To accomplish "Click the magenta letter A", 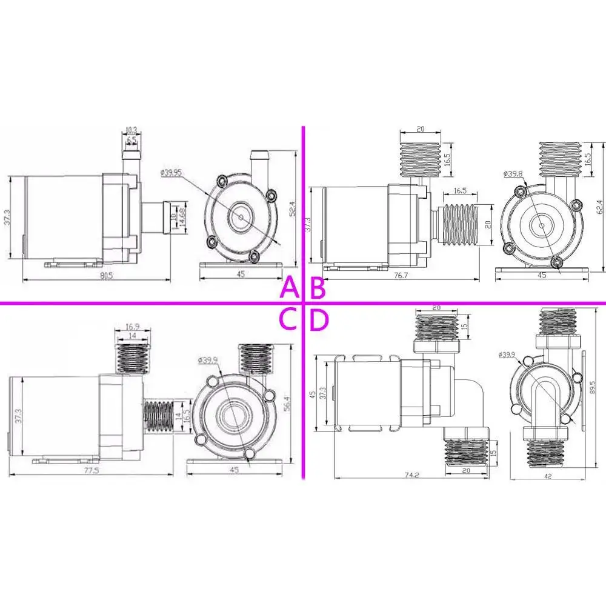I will pos(289,289).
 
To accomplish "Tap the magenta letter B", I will pos(317,289).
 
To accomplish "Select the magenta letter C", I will pos(288,319).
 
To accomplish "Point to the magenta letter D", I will pos(318,319).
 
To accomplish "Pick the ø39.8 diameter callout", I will pos(513,174).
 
